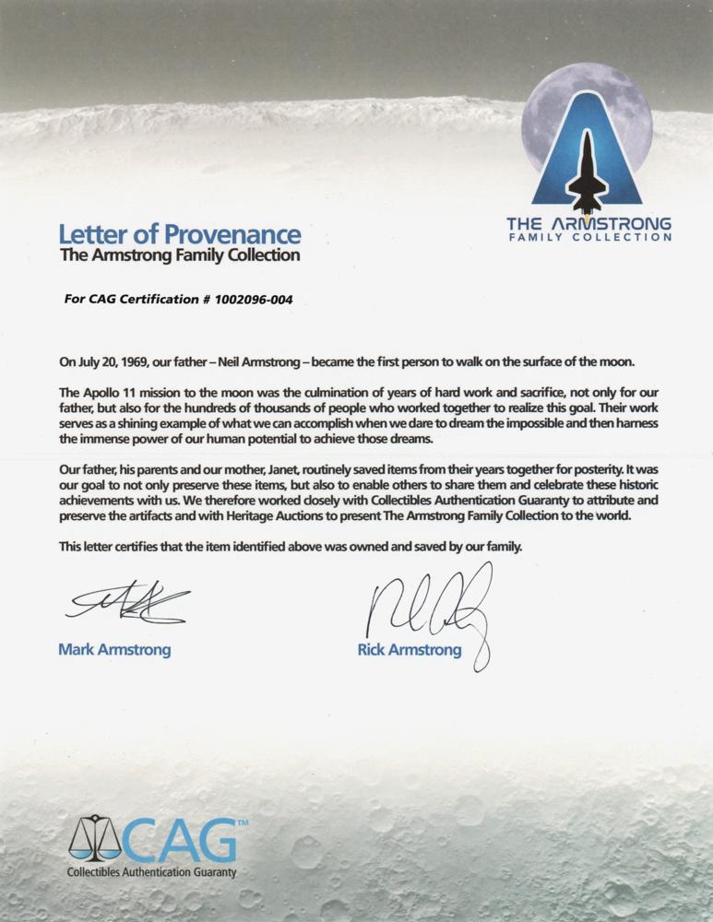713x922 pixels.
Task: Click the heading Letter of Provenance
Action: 180,234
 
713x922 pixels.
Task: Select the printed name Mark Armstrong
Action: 114,650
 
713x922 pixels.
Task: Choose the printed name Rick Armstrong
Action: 409,650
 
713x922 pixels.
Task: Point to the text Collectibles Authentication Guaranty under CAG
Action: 152,872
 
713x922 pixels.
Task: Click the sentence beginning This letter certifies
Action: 291,547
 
